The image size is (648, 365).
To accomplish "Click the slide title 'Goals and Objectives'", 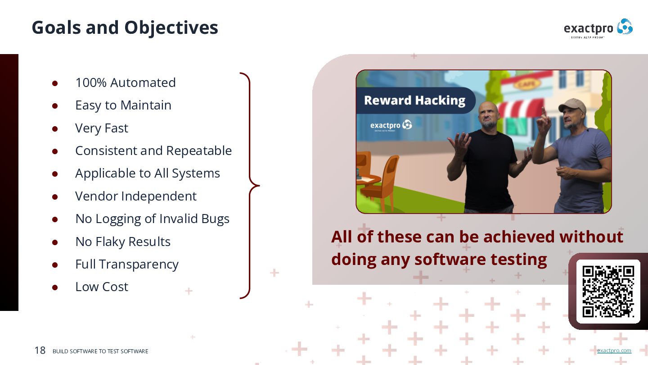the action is click(125, 28).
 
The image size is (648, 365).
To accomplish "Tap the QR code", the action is click(608, 292).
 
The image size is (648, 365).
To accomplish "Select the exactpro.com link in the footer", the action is click(614, 351).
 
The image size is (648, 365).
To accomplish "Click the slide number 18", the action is click(40, 350).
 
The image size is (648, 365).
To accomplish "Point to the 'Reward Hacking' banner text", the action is click(414, 100).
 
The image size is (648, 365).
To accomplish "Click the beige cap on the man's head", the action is click(571, 105).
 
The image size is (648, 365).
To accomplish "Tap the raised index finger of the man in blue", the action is click(544, 112).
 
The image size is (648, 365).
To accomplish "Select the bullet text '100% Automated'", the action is click(126, 82).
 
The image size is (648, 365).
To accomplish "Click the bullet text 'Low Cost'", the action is click(102, 287).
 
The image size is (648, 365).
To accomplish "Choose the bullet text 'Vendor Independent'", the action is click(136, 196).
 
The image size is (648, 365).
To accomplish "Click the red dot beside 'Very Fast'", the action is click(55, 128).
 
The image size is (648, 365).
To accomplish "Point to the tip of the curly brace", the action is click(260, 185).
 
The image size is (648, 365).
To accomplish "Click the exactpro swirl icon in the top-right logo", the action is click(625, 27).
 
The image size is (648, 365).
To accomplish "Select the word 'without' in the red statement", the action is click(591, 237).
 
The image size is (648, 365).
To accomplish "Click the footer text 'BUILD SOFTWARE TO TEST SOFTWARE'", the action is click(100, 351).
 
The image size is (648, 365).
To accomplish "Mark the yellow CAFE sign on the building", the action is click(526, 84).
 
